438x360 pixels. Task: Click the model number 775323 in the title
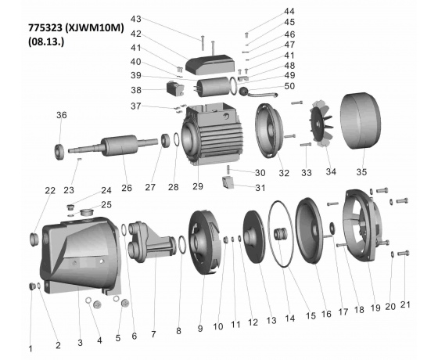point(45,28)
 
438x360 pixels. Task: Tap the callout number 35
point(361,171)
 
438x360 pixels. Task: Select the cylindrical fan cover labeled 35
point(360,121)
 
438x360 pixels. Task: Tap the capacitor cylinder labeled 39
point(213,87)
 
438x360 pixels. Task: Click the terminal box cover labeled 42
point(210,64)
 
